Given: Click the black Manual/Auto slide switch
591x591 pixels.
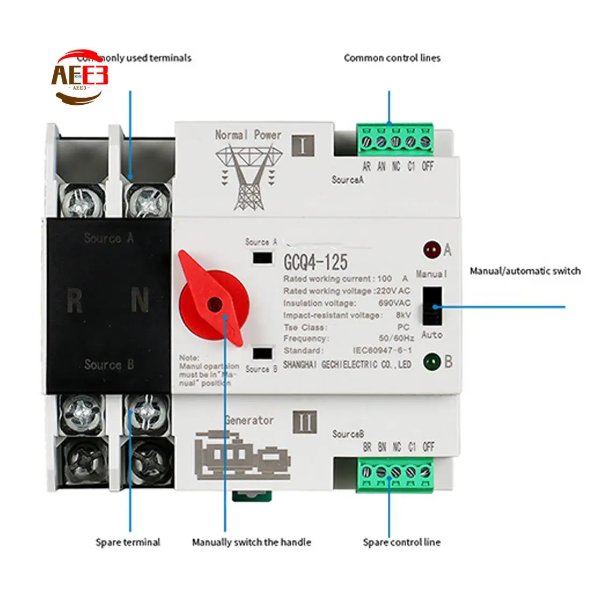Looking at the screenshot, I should click(x=433, y=306).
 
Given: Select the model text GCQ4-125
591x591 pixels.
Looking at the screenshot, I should click(x=315, y=262).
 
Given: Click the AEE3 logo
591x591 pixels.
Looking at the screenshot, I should click(x=80, y=76).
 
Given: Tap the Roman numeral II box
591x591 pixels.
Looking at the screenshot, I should click(x=305, y=422).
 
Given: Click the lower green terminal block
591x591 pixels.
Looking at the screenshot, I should click(x=395, y=473).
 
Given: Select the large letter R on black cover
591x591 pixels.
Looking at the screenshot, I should click(x=75, y=301).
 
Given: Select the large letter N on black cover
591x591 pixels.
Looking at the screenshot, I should click(x=140, y=301).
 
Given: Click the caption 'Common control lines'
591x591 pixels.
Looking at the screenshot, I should click(x=392, y=58).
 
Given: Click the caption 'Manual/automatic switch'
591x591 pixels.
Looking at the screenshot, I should click(x=525, y=271).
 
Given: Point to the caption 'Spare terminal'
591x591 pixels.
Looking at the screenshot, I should click(x=128, y=542).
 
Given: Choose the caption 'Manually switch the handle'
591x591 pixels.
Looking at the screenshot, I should click(x=251, y=542).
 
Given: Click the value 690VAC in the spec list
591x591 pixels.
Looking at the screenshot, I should click(x=394, y=303).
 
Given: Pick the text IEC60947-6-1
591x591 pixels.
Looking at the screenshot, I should click(x=383, y=350).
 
